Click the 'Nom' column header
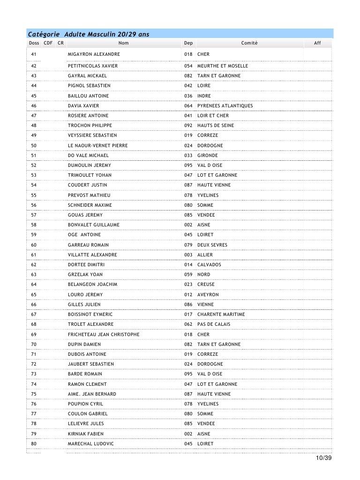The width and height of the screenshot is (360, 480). (x=123, y=43)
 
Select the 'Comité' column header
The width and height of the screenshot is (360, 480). (x=249, y=43)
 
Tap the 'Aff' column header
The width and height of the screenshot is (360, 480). (x=317, y=43)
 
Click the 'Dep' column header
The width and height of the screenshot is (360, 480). (x=188, y=43)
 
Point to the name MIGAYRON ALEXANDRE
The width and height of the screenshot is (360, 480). (x=94, y=54)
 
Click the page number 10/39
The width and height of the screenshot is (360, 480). (x=323, y=458)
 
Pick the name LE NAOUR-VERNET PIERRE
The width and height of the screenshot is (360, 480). (x=97, y=145)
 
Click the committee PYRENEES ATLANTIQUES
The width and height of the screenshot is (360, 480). (x=225, y=106)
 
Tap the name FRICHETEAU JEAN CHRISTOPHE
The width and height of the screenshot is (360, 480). (x=103, y=335)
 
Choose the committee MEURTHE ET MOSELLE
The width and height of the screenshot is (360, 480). (x=223, y=66)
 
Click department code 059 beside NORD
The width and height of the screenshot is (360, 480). (x=188, y=275)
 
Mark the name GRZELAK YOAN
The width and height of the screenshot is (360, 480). (x=85, y=275)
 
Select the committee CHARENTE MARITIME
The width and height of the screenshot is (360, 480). (x=221, y=315)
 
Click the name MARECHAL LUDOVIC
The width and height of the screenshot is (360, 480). (x=90, y=443)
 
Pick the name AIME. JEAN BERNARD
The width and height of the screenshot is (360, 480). (x=92, y=394)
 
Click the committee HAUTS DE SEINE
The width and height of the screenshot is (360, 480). (x=216, y=126)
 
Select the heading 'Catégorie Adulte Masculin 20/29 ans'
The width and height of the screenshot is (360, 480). (x=89, y=34)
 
